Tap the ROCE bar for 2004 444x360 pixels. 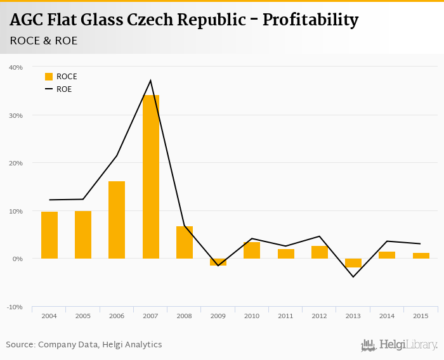click(49, 235)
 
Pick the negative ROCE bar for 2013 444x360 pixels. click(353, 263)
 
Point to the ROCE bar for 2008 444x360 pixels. click(185, 242)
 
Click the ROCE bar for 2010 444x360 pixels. click(252, 250)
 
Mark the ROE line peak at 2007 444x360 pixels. click(150, 80)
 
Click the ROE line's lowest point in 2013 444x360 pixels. click(353, 276)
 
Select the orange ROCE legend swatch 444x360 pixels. click(49, 77)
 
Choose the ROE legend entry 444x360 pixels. click(63, 89)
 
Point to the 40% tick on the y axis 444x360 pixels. click(16, 67)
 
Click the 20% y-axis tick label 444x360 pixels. click(16, 163)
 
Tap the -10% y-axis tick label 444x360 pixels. click(15, 307)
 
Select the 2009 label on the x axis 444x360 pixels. click(218, 316)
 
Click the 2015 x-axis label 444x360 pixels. click(421, 316)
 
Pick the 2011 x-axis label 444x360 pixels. click(285, 316)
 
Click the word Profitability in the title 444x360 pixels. click(310, 20)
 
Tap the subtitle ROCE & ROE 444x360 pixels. click(44, 41)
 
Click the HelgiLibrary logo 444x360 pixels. click(400, 345)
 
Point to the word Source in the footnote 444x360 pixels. click(20, 345)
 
